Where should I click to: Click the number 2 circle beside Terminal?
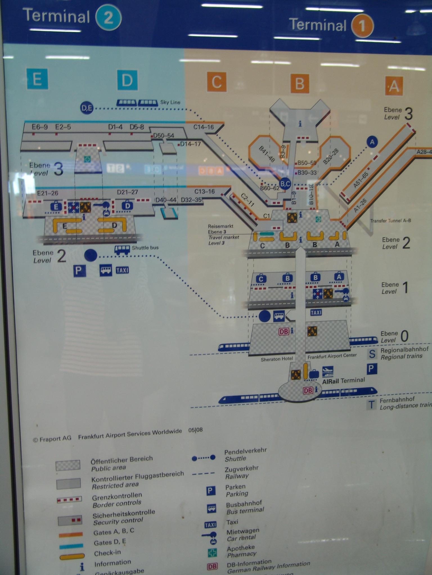[108, 18]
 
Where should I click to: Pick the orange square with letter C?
[216, 82]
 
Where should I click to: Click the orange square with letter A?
[394, 85]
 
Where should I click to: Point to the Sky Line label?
[170, 102]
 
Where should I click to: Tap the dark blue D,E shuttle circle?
[87, 108]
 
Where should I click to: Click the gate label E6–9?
[40, 127]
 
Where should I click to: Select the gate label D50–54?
[164, 136]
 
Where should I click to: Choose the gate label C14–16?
[204, 127]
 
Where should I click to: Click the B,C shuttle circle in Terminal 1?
[285, 184]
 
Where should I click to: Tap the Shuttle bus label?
[145, 248]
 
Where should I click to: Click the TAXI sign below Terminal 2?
[122, 270]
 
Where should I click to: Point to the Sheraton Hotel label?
[277, 359]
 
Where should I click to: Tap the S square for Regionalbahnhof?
[372, 354]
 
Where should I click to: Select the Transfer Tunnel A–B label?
[390, 221]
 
